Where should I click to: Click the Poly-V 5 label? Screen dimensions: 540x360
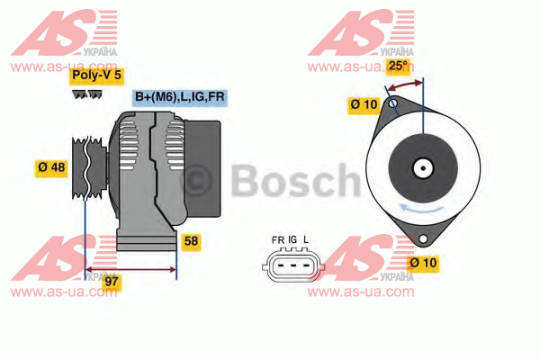click(x=96, y=75)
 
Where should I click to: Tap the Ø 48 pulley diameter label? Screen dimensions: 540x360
click(x=51, y=167)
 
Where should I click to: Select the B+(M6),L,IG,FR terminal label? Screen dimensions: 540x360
click(x=180, y=97)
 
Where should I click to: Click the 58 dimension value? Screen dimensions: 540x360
click(x=191, y=241)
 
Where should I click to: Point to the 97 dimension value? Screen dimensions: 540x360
click(x=112, y=282)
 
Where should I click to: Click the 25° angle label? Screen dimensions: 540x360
click(x=398, y=65)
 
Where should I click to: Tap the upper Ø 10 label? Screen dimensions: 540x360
click(x=364, y=104)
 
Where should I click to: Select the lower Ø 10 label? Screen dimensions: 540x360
click(x=423, y=263)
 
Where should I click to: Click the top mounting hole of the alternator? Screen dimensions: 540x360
click(x=393, y=103)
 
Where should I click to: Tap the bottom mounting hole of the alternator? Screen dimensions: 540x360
click(x=423, y=238)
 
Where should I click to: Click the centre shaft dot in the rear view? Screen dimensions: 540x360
click(x=423, y=168)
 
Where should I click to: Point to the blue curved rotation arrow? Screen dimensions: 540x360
click(x=421, y=209)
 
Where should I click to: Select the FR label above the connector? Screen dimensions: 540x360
click(x=278, y=239)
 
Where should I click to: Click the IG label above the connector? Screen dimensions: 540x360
click(x=292, y=239)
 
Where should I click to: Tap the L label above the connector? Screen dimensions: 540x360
click(x=306, y=239)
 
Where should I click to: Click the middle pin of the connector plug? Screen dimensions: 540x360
click(x=293, y=265)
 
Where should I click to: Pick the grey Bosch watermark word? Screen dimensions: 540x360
click(x=295, y=181)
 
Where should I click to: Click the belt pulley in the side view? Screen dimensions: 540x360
click(x=89, y=168)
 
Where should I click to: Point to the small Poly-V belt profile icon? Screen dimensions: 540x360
click(x=86, y=94)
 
